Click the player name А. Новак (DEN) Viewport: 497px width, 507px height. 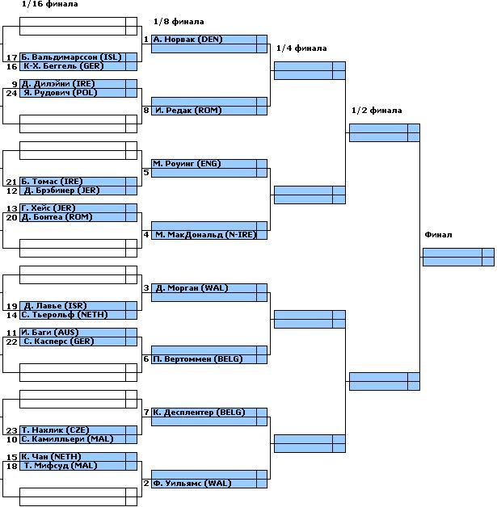[187, 39]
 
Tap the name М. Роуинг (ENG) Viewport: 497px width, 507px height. [187, 164]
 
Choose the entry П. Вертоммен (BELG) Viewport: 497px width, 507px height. [198, 358]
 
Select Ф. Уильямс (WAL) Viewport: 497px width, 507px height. [192, 483]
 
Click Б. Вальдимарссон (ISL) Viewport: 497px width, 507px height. [71, 57]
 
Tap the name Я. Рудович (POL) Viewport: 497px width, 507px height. [59, 93]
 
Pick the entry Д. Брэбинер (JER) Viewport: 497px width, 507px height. [61, 191]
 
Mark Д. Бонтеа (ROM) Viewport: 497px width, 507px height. [60, 217]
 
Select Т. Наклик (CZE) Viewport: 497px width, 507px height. [59, 430]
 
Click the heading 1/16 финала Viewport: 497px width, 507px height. [50, 4]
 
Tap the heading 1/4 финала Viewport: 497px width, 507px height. [301, 48]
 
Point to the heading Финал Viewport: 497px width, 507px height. [438, 235]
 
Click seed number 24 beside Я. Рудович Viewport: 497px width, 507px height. [11, 93]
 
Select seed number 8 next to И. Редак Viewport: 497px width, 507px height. [146, 110]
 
